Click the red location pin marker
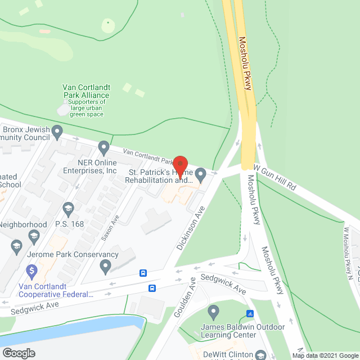pyautogui.click(x=179, y=167)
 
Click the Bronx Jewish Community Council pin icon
pyautogui.click(x=57, y=133)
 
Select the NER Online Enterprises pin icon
pyautogui.click(x=103, y=148)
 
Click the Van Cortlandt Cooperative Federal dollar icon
pyautogui.click(x=32, y=271)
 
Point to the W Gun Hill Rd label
pyautogui.click(x=275, y=177)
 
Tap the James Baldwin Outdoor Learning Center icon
pyautogui.click(x=213, y=311)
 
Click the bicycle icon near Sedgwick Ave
pyautogui.click(x=250, y=314)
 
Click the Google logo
pyautogui.click(x=19, y=353)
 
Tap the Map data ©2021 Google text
pyautogui.click(x=325, y=355)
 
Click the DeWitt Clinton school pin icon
pyautogui.click(x=260, y=355)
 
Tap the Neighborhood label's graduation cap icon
pyautogui.click(x=16, y=246)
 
